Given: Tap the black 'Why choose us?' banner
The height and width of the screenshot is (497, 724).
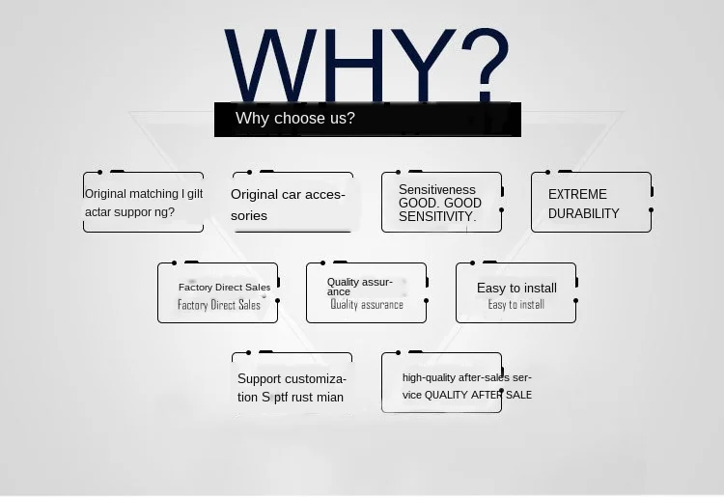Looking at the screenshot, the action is [x=368, y=119].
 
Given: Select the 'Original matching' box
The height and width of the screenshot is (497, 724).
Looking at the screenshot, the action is [x=143, y=203].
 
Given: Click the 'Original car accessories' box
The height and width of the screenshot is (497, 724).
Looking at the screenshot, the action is [x=292, y=203].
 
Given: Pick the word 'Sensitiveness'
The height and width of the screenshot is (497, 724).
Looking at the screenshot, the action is [x=436, y=190].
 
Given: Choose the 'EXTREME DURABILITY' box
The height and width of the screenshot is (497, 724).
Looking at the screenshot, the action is [x=591, y=203].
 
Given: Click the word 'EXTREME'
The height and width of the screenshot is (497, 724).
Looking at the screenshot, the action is [x=577, y=194].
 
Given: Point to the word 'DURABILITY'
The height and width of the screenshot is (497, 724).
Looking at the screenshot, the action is [x=583, y=213].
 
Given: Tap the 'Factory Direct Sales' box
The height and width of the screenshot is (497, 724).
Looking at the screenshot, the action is [x=218, y=293].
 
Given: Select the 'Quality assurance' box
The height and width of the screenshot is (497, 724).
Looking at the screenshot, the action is [x=366, y=293].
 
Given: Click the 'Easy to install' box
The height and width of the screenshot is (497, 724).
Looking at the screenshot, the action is [x=515, y=293].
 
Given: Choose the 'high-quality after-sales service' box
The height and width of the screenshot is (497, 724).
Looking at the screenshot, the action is [x=441, y=383].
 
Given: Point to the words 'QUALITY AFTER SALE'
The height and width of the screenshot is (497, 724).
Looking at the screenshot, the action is [x=478, y=395].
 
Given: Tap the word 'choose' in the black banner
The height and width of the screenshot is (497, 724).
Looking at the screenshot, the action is [x=294, y=119].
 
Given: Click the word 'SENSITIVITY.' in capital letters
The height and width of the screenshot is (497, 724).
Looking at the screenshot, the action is [x=437, y=216].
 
